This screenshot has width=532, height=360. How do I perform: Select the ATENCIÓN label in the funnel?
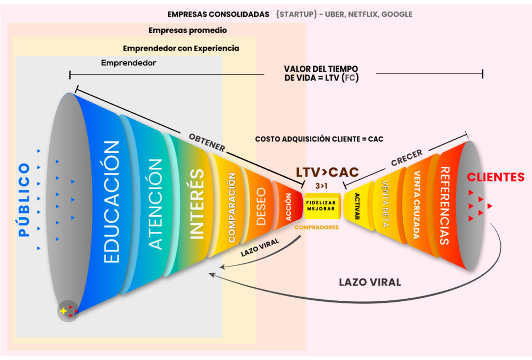(155, 204)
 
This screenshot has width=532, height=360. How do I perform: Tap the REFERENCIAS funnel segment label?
(445, 206)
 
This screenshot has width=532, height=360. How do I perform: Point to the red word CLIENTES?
(495, 177)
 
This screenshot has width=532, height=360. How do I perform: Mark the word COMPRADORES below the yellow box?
(316, 227)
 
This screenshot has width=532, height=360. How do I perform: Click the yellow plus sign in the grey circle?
(64, 311)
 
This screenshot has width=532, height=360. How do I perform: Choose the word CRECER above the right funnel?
(407, 158)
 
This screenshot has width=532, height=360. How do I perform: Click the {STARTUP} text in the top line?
(297, 14)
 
